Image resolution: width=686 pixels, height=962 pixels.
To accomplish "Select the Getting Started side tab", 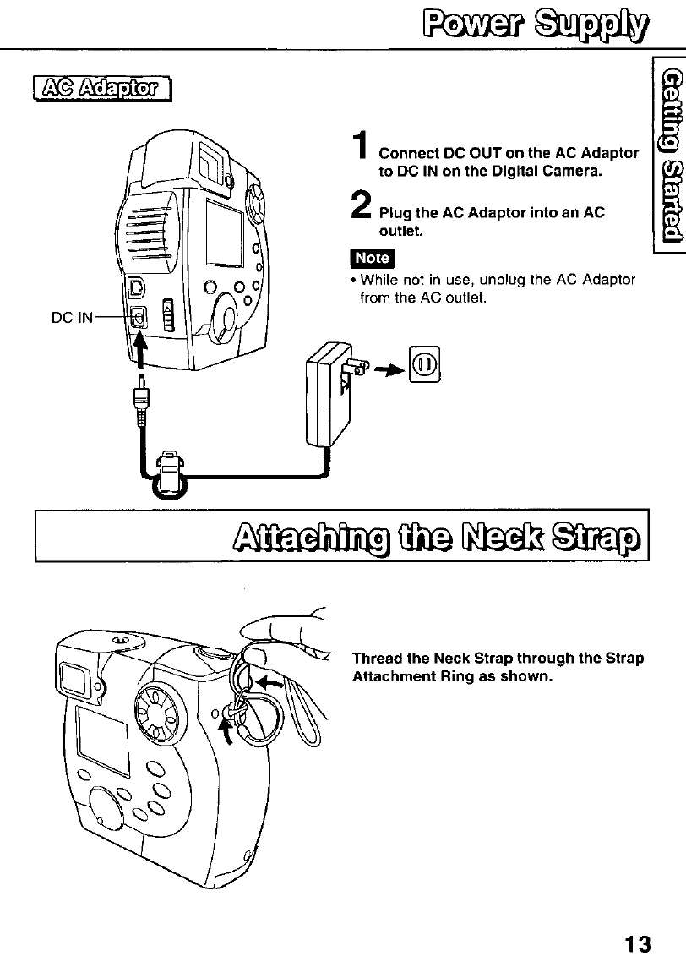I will tap(671, 154).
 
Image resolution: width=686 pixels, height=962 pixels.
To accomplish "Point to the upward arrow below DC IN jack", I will tap(141, 350).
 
